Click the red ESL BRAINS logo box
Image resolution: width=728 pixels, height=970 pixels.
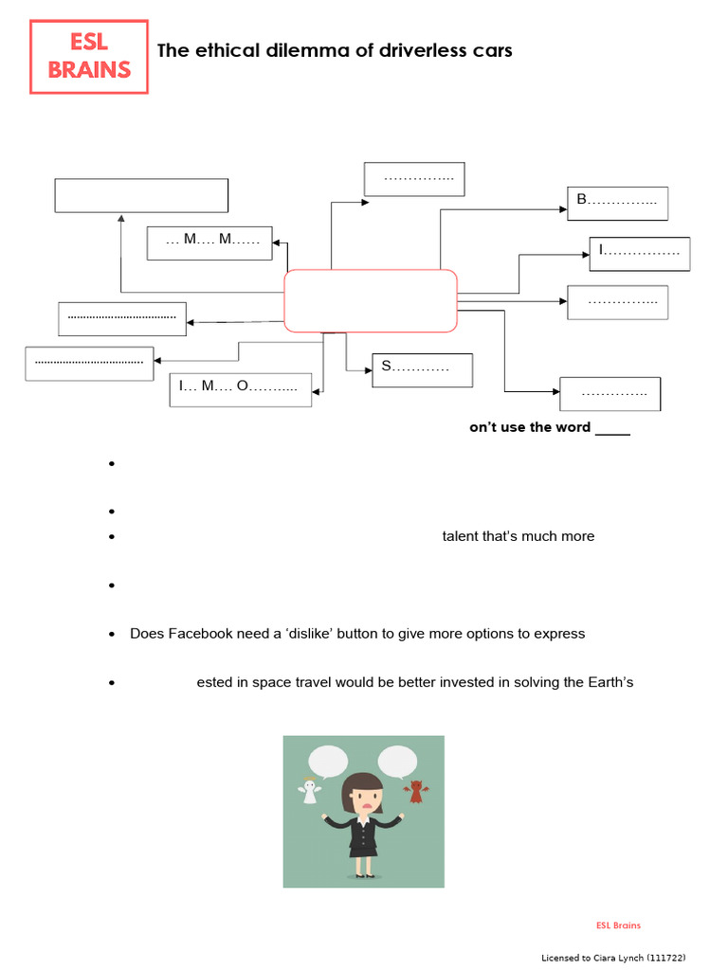point(89,57)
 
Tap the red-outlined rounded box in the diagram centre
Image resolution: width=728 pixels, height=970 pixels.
point(371,300)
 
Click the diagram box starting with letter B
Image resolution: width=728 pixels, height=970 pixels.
point(617,203)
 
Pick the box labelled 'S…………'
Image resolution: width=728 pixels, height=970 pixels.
point(421,369)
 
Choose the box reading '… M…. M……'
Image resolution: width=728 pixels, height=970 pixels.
point(209,242)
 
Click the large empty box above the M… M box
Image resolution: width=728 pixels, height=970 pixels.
point(141,195)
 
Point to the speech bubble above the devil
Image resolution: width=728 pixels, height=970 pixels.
point(397,762)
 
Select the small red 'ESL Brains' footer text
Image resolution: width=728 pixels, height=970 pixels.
point(618,925)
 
